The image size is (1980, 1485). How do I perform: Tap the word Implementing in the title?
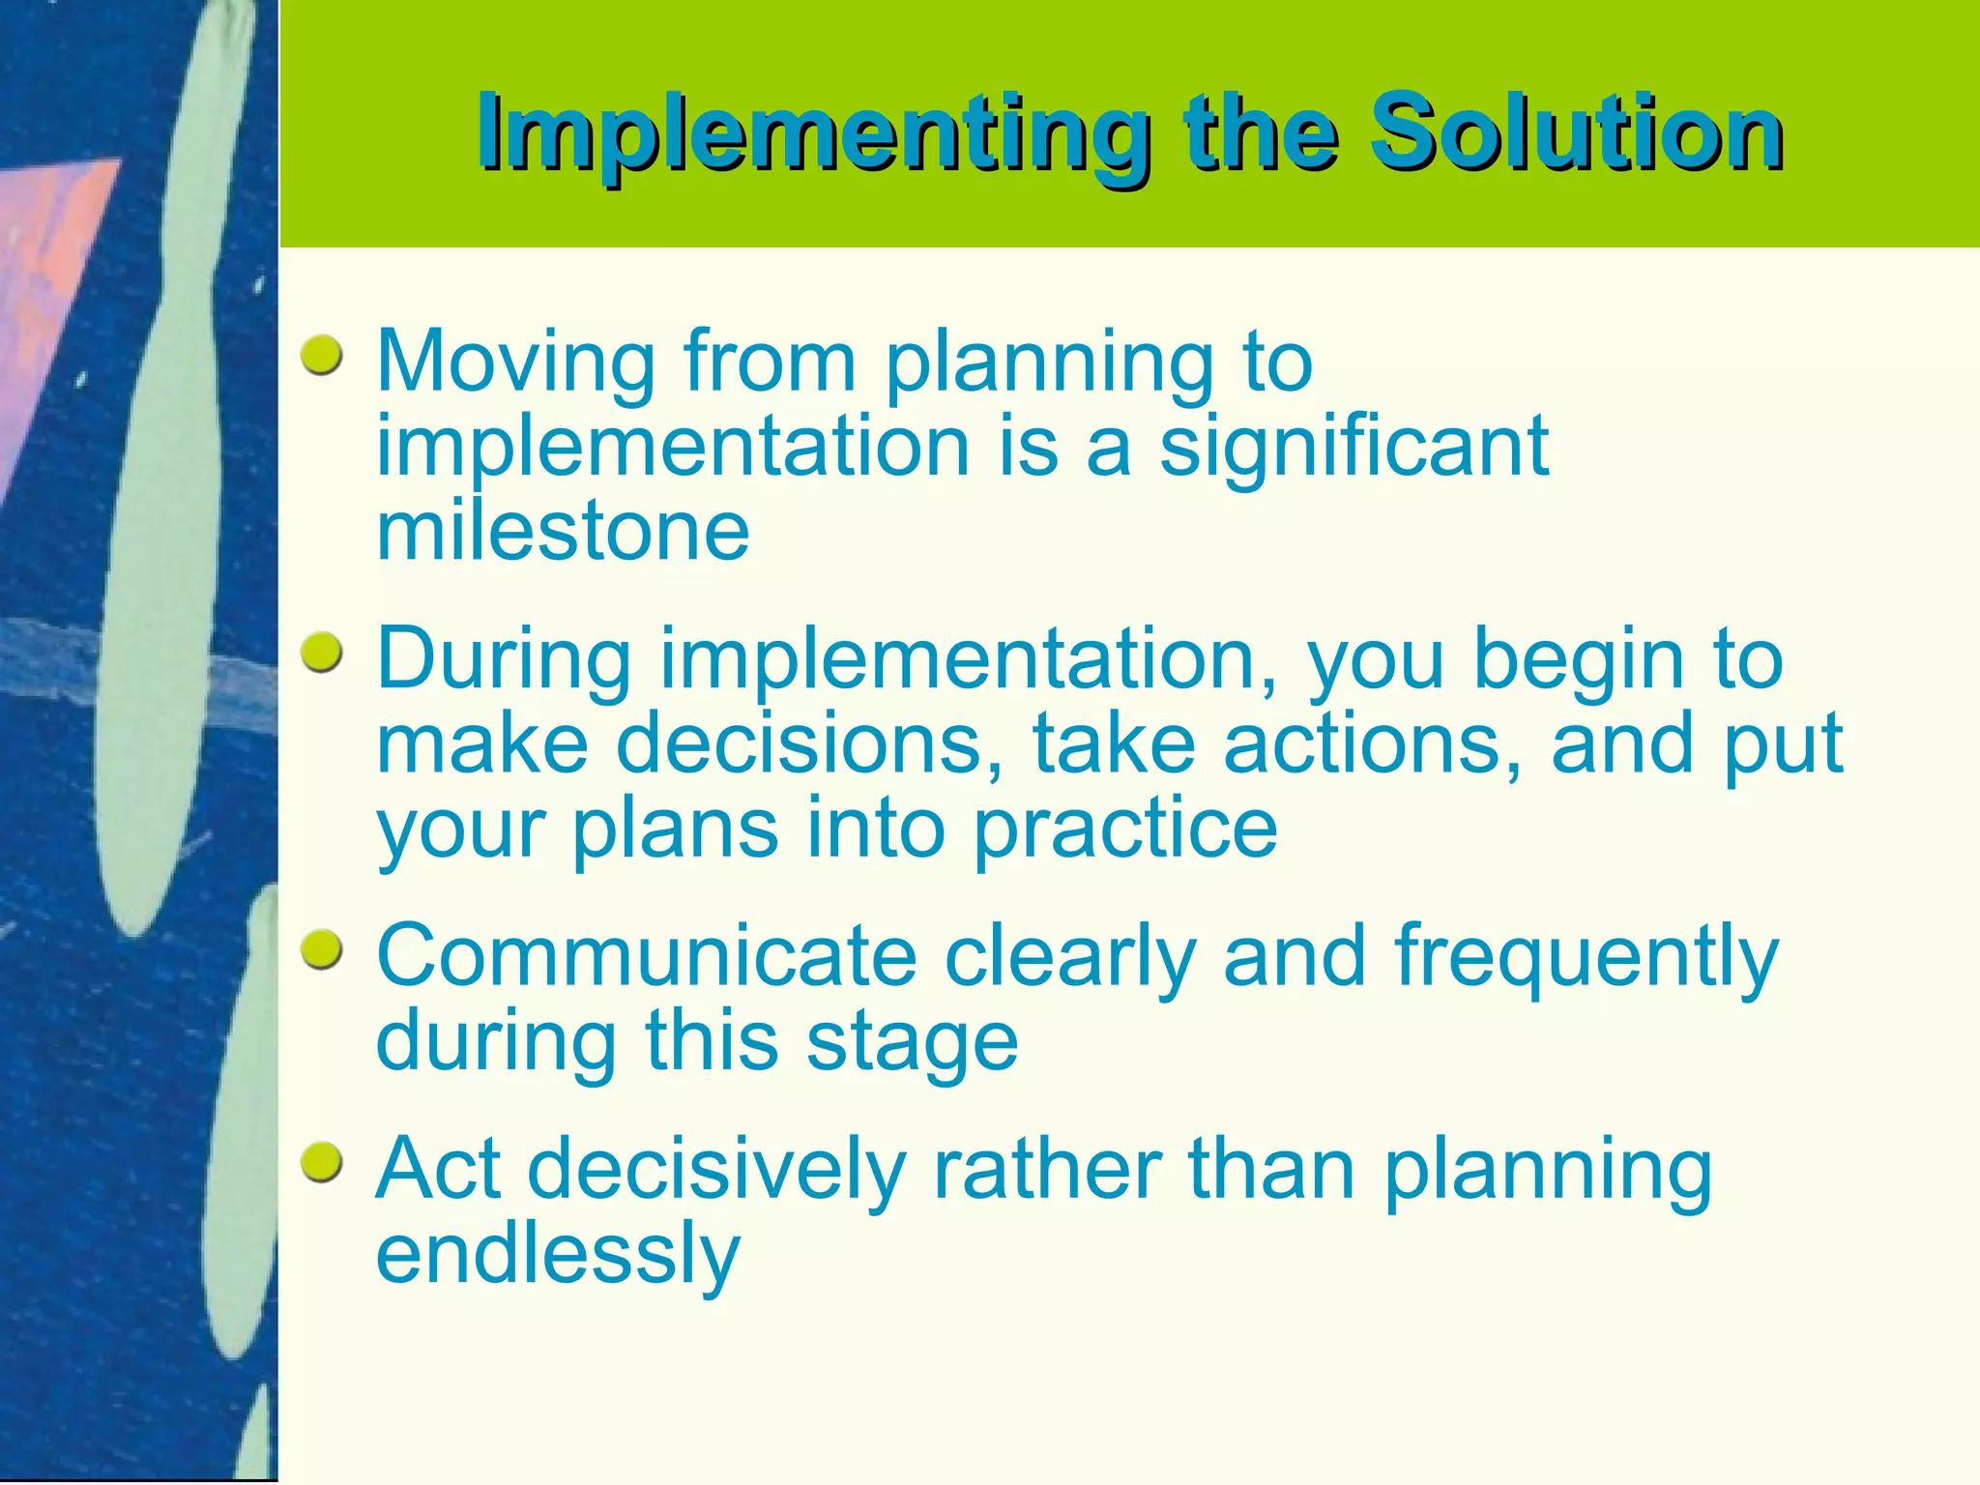click(x=812, y=133)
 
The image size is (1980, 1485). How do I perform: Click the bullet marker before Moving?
click(x=322, y=356)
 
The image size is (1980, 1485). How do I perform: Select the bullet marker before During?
click(x=322, y=655)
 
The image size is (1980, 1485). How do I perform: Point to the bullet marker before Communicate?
click(x=322, y=951)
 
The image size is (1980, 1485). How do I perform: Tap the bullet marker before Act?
click(x=322, y=1163)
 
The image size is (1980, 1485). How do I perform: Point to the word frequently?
click(x=1586, y=957)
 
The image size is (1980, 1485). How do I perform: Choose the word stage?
click(x=912, y=1044)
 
